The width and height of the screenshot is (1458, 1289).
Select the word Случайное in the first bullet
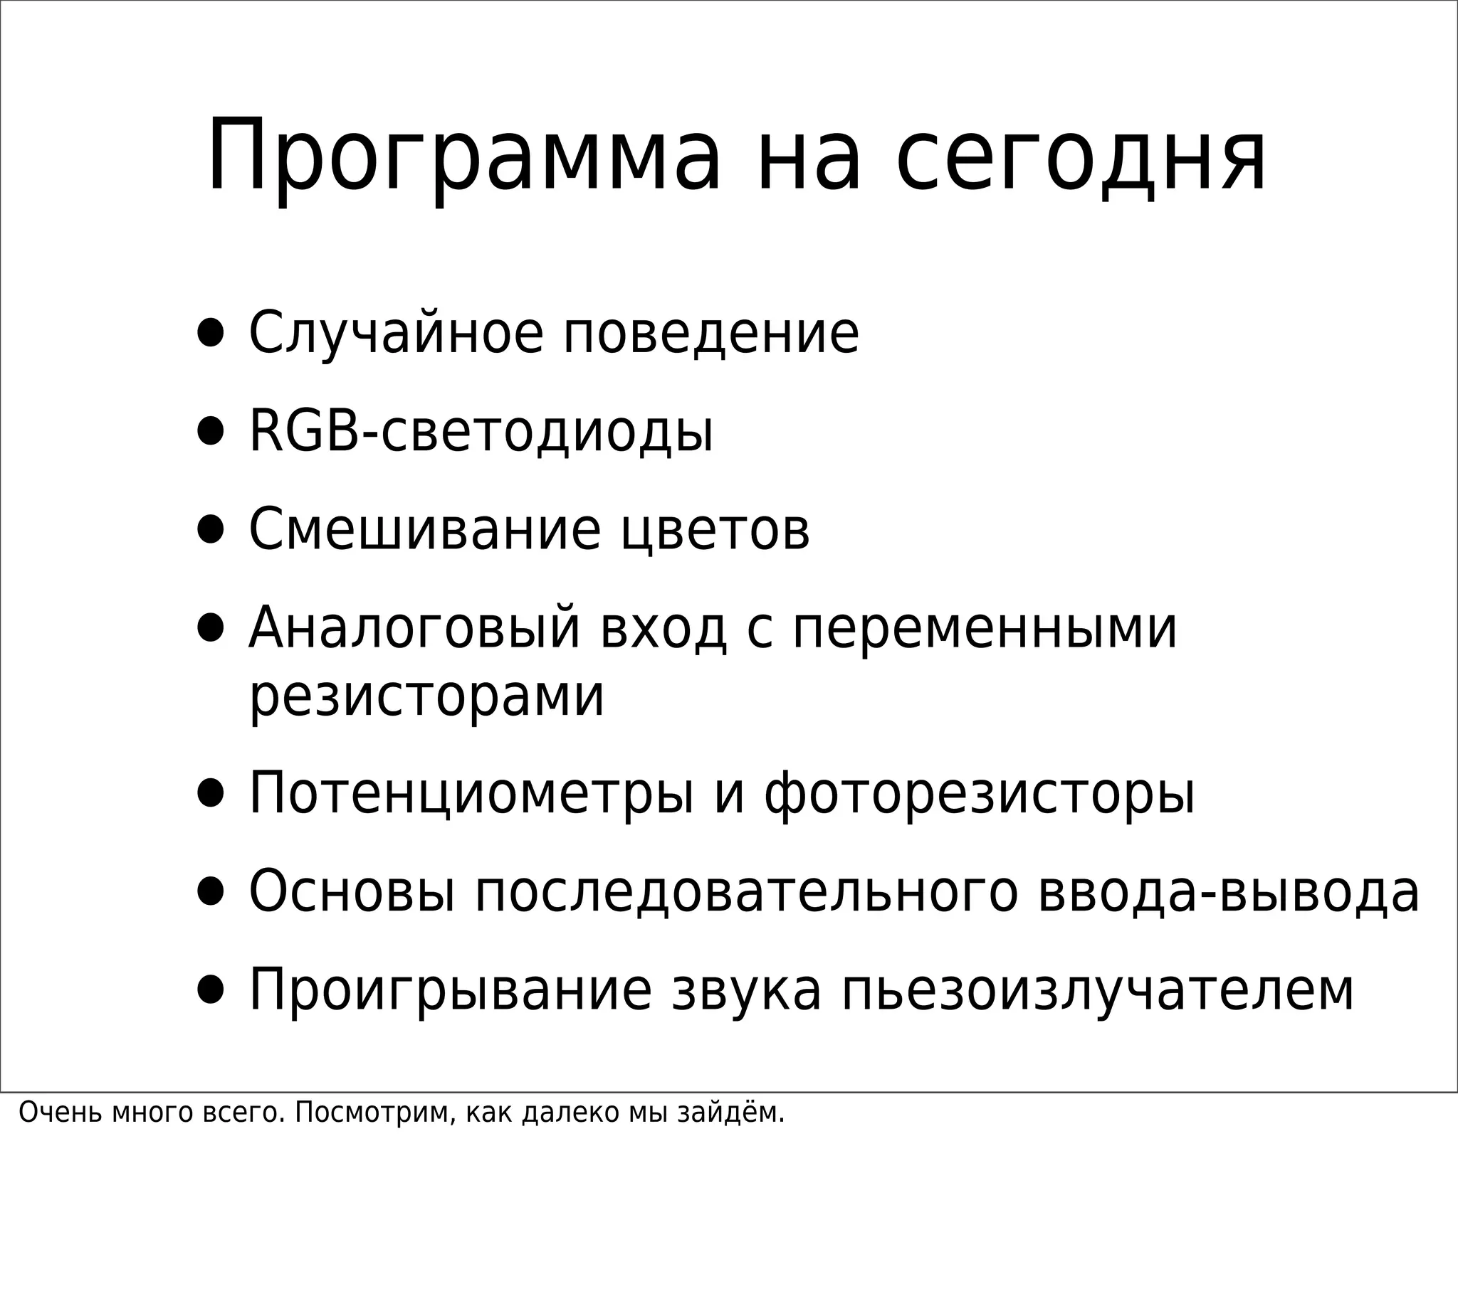click(x=395, y=333)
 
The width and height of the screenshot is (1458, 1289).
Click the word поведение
click(x=711, y=333)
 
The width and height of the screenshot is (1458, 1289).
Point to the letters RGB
click(x=304, y=431)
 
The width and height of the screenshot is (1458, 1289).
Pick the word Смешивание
click(x=425, y=530)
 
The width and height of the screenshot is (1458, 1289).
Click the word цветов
click(x=715, y=530)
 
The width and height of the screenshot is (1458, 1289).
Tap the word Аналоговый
click(x=414, y=628)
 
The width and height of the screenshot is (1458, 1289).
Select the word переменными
click(x=985, y=628)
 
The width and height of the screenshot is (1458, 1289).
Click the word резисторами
click(x=426, y=696)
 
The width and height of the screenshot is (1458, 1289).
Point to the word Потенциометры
click(x=471, y=793)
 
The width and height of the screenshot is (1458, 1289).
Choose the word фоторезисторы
click(x=980, y=793)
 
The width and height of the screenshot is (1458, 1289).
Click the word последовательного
click(x=746, y=892)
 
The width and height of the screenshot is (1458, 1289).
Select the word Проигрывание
click(x=450, y=990)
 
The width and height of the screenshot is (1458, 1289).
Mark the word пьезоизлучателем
click(x=1098, y=990)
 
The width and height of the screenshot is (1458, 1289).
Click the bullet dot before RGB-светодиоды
click(x=211, y=432)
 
